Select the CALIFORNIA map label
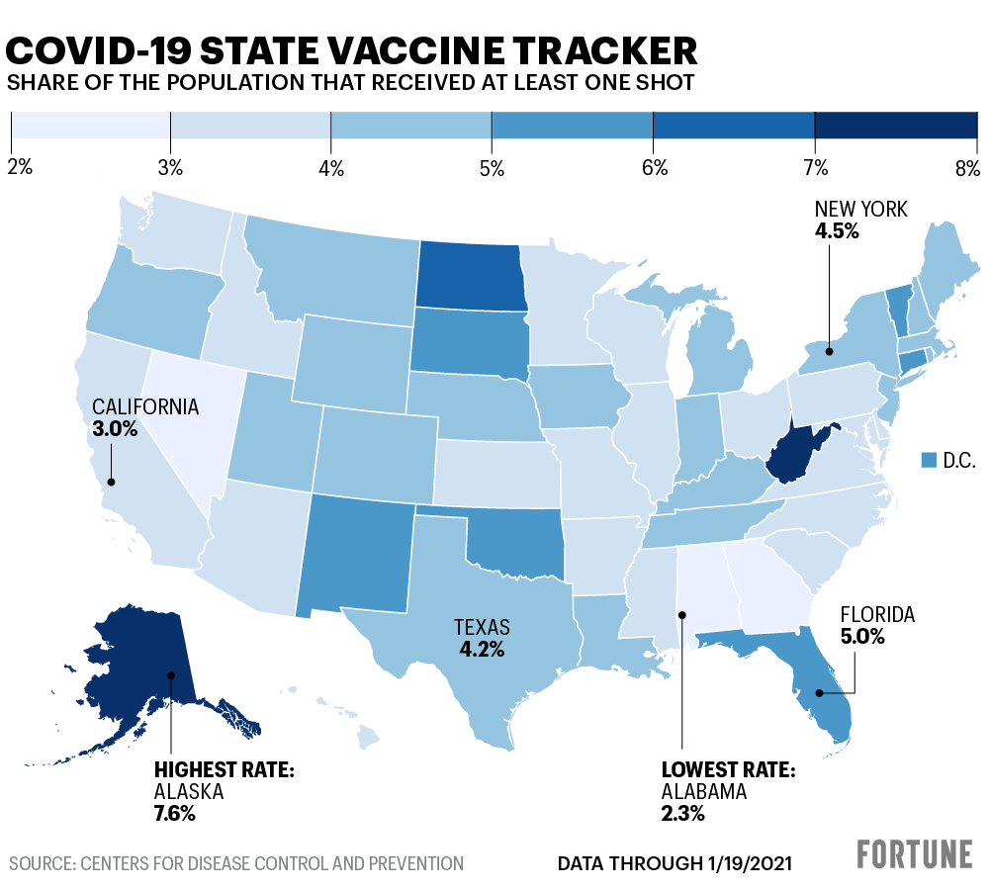pyautogui.click(x=145, y=407)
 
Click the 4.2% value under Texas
pyautogui.click(x=482, y=650)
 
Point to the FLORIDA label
pyautogui.click(x=877, y=615)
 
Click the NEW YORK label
pyautogui.click(x=860, y=209)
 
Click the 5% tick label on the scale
pyautogui.click(x=492, y=168)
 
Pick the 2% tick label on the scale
pyautogui.click(x=20, y=168)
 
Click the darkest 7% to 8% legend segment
pyautogui.click(x=895, y=126)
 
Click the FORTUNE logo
pyautogui.click(x=915, y=853)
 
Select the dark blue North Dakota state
pyautogui.click(x=468, y=274)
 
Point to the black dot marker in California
pyautogui.click(x=112, y=483)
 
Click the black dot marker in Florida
pyautogui.click(x=818, y=693)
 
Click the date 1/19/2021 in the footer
pyautogui.click(x=742, y=863)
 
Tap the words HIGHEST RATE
pyautogui.click(x=224, y=770)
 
